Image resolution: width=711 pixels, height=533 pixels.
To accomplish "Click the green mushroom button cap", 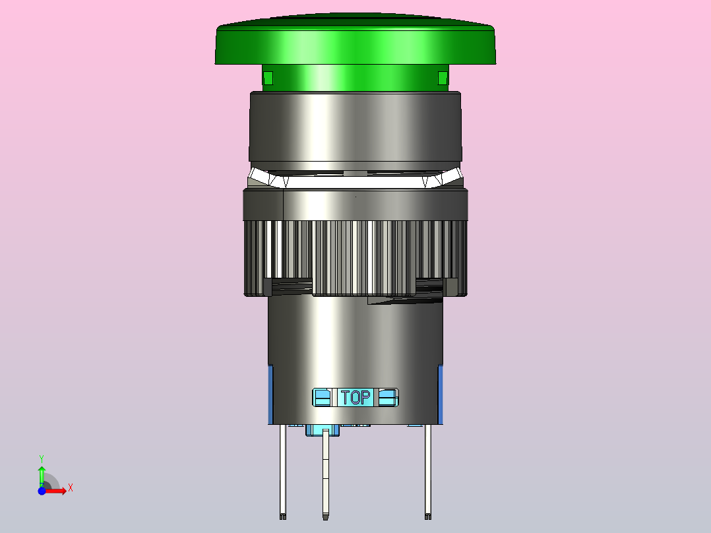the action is pyautogui.click(x=355, y=41).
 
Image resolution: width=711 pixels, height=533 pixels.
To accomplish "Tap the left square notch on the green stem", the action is pyautogui.click(x=268, y=78).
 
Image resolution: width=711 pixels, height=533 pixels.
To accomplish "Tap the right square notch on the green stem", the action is pyautogui.click(x=443, y=78).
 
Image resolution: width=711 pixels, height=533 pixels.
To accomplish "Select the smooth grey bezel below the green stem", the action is pyautogui.click(x=355, y=127).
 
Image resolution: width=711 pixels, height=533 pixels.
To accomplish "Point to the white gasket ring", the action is pyautogui.click(x=355, y=179).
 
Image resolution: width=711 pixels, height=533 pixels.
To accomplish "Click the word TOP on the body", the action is pyautogui.click(x=355, y=397).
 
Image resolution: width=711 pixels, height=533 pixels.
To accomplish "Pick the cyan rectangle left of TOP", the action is pyautogui.click(x=323, y=397).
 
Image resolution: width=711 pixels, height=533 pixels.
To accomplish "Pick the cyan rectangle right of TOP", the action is pyautogui.click(x=388, y=397).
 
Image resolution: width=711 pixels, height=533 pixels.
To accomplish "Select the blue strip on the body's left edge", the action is pyautogui.click(x=270, y=394).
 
